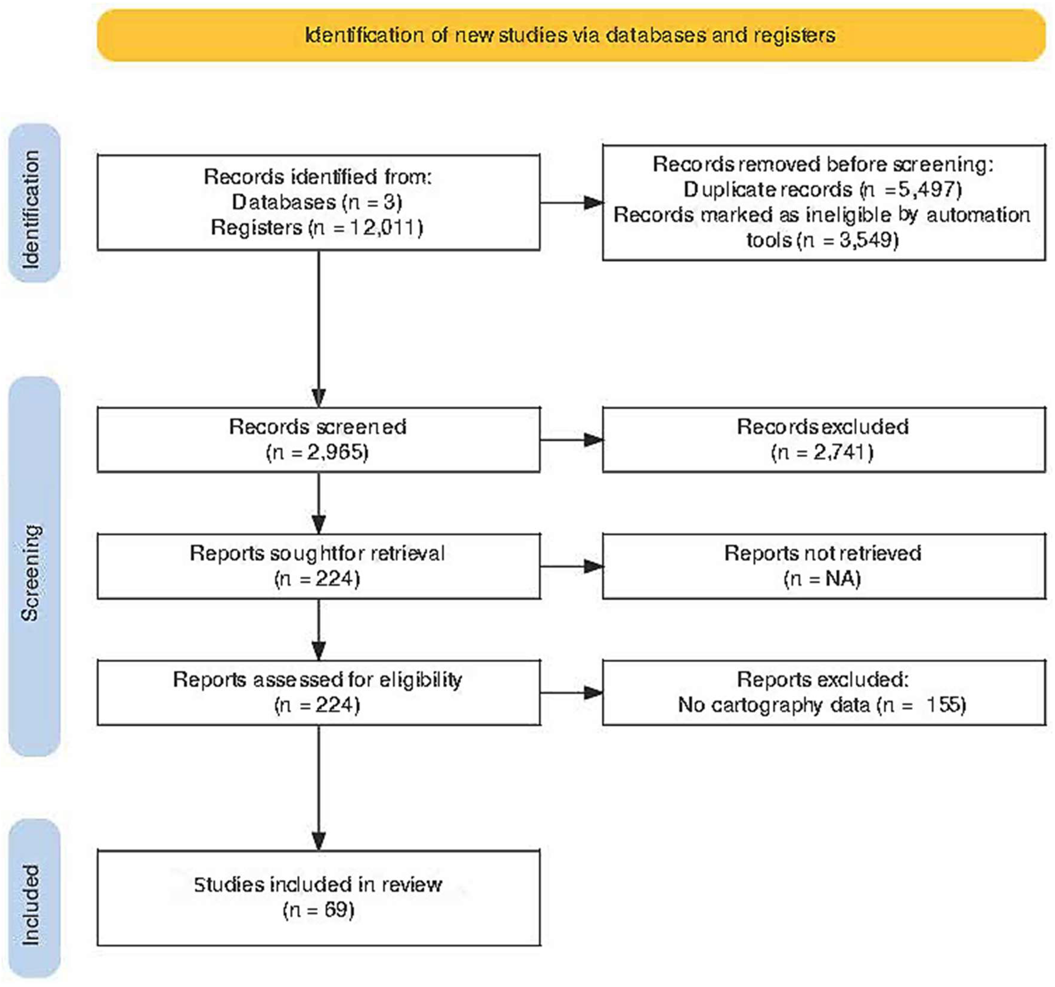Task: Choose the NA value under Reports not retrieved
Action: point(843,578)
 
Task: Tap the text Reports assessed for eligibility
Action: point(317,680)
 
